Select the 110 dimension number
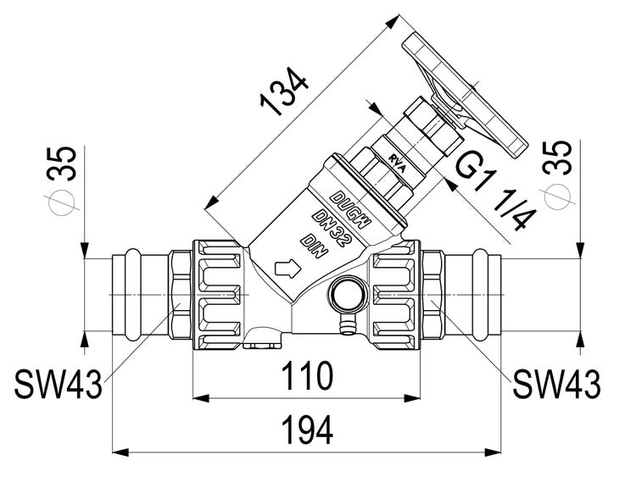point(307,375)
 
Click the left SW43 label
point(58,385)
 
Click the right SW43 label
point(556,385)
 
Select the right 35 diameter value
point(561,165)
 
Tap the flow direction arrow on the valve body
point(289,269)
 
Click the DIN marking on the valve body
point(313,246)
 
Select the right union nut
point(394,293)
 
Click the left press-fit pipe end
point(127,292)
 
